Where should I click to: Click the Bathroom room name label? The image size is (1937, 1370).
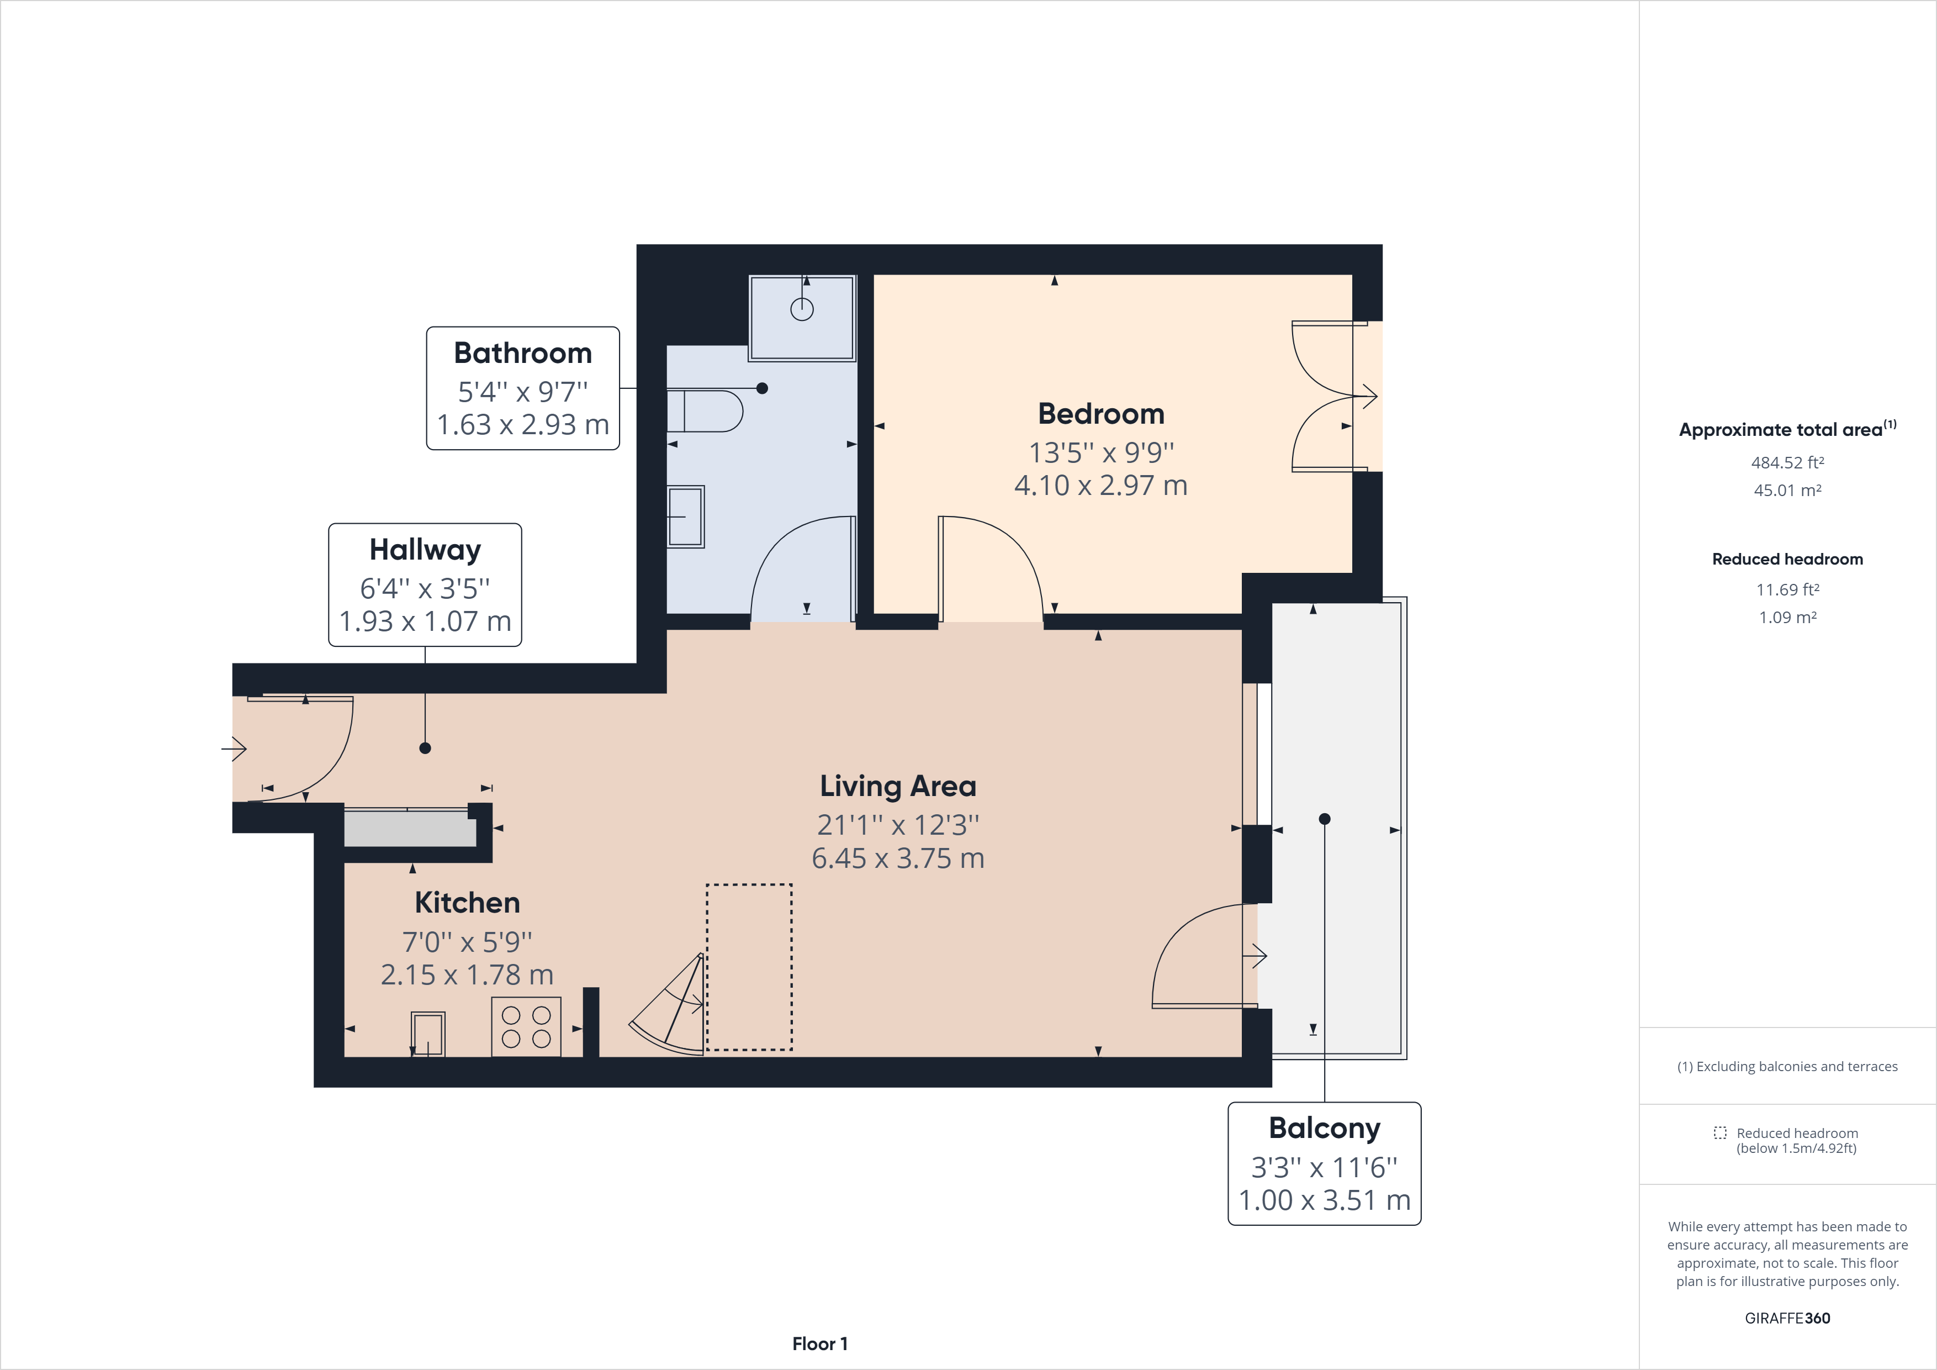[x=523, y=353]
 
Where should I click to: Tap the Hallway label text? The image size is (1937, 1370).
[x=425, y=550]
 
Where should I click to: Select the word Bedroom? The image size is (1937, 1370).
[x=1101, y=414]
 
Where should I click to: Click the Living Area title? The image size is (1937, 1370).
[x=898, y=787]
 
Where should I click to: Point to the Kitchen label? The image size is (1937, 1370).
[x=467, y=902]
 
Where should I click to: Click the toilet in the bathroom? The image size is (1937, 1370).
[x=705, y=411]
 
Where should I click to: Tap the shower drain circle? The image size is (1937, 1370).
[x=801, y=310]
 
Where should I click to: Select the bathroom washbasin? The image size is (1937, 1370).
[x=686, y=517]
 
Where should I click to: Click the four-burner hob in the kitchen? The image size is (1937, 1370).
[x=526, y=1026]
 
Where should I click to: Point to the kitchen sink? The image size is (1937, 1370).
[x=428, y=1034]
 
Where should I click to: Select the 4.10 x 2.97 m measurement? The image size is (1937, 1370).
[x=1101, y=486]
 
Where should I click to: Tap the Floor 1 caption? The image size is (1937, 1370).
[x=819, y=1344]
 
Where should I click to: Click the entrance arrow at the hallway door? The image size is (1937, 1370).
[x=234, y=748]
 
